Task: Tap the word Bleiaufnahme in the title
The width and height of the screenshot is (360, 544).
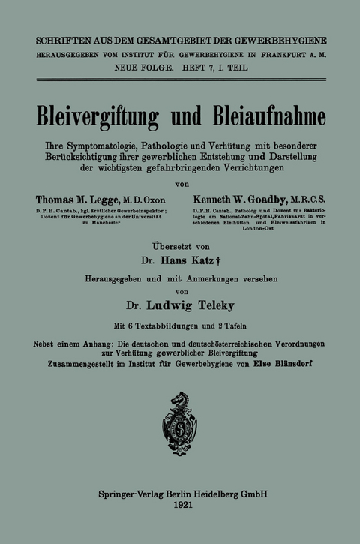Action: click(x=262, y=116)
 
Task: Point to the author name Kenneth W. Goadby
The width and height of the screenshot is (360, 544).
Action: click(x=238, y=200)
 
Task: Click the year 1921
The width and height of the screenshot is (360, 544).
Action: click(x=180, y=508)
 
